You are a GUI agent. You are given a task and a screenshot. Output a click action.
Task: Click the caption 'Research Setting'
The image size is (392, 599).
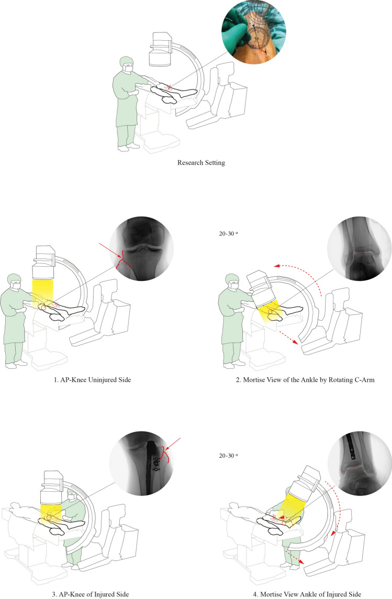(201, 162)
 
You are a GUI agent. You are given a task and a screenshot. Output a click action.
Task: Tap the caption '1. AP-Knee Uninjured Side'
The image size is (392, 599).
(92, 380)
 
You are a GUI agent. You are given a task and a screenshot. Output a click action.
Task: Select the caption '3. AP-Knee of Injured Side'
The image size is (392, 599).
(90, 594)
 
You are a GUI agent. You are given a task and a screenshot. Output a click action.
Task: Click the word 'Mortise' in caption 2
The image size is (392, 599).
(255, 380)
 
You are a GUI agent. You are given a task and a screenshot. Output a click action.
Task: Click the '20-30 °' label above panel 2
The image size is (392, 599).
(229, 234)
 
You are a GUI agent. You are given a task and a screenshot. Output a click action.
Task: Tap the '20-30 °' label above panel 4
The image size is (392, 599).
(229, 456)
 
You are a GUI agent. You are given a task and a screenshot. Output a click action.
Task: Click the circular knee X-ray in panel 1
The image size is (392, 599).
(141, 248)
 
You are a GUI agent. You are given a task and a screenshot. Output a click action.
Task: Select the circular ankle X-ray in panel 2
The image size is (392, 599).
(360, 248)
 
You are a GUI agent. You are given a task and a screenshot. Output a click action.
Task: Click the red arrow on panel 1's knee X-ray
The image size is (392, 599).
(110, 250)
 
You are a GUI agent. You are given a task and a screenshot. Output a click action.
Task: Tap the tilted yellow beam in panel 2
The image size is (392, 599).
(271, 311)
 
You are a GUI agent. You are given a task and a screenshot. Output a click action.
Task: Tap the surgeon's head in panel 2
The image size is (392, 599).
(232, 281)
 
